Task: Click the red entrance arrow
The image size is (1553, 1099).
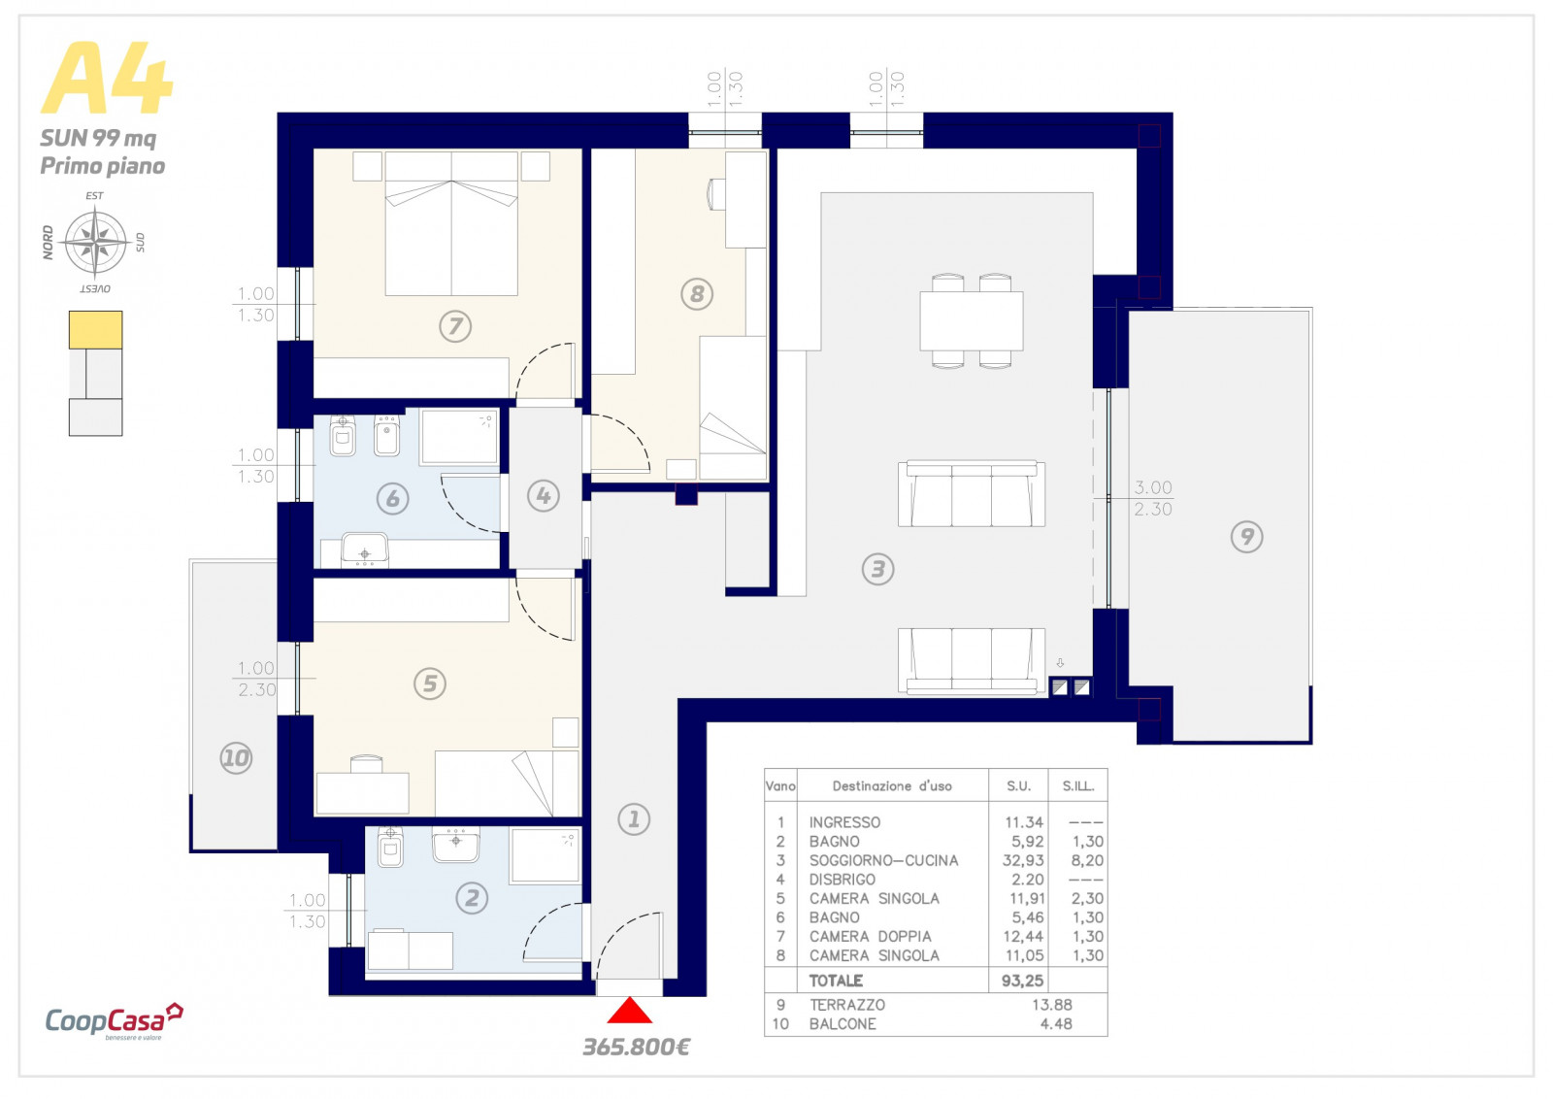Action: coord(629,1011)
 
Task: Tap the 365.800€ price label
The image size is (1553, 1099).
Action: coord(636,1047)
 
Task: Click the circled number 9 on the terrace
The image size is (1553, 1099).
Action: coord(1246,537)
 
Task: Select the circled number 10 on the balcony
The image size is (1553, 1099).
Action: coord(236,758)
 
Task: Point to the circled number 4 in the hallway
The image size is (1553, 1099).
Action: coord(543,496)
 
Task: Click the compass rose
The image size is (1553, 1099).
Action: coord(96,242)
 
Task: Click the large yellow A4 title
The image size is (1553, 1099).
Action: coord(107,78)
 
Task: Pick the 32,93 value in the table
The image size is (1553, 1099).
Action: coord(1023,860)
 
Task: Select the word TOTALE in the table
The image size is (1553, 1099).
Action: coord(836,981)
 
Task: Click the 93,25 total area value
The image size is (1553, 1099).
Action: coord(1023,981)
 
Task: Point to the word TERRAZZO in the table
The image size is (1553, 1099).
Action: coord(847,1005)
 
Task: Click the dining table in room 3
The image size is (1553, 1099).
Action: coord(972,321)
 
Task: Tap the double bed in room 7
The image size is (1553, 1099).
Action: coord(451,223)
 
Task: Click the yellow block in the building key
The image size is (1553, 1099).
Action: coord(96,329)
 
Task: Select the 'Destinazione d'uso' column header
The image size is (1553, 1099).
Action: coord(892,786)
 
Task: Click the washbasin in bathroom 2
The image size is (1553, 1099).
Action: coord(455,844)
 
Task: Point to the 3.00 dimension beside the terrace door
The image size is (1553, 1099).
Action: coord(1153,487)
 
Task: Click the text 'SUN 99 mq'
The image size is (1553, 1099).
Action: coord(98,138)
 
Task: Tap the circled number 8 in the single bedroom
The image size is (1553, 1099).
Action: coord(697,294)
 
